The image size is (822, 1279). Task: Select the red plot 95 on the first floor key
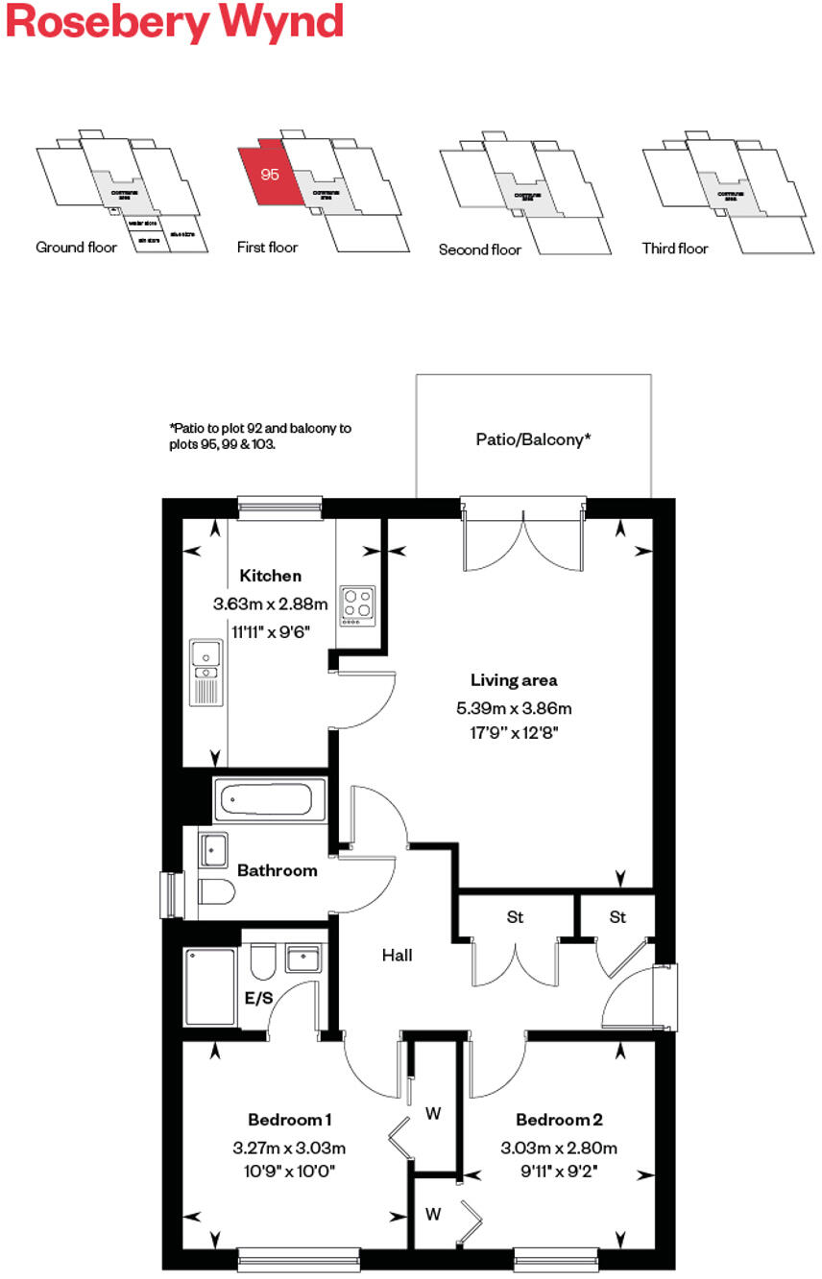point(267,175)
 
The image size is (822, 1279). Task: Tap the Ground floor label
point(76,248)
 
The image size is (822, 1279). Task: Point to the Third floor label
point(675,249)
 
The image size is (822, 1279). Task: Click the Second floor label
point(479,249)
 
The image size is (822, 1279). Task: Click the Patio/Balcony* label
point(533,439)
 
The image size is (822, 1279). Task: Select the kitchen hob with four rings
point(358,606)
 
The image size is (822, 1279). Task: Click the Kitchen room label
point(270,576)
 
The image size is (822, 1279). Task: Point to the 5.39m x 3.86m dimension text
point(514,709)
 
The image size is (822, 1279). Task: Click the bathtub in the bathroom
point(263,798)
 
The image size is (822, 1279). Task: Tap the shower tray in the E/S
point(210,986)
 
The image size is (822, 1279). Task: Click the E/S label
point(258,998)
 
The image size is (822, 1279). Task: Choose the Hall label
point(397,956)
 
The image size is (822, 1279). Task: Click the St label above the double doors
point(515,917)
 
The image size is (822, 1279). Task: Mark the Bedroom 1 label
point(289,1120)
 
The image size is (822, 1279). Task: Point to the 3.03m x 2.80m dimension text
point(558,1148)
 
